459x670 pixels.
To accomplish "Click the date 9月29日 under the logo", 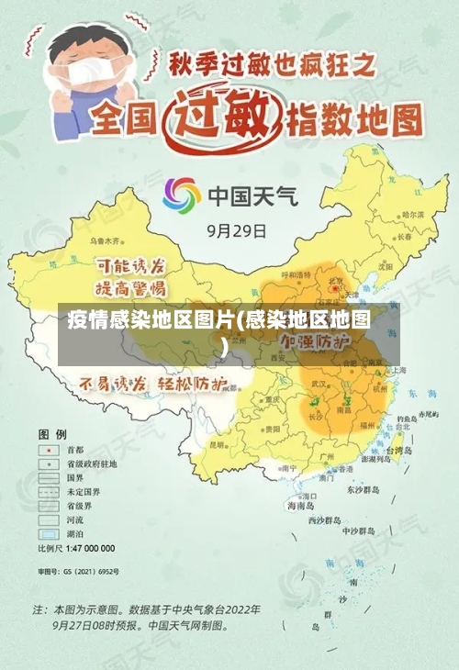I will coord(237,231).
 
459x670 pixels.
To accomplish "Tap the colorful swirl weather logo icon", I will coord(182,195).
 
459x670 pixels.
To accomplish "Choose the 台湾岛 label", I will coord(404,451).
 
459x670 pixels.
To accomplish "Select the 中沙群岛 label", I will coord(359,530).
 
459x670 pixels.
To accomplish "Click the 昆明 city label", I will coord(218,443).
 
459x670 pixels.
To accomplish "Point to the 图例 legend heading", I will coord(51,432).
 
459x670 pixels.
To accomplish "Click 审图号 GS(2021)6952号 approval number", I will coord(78,571).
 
